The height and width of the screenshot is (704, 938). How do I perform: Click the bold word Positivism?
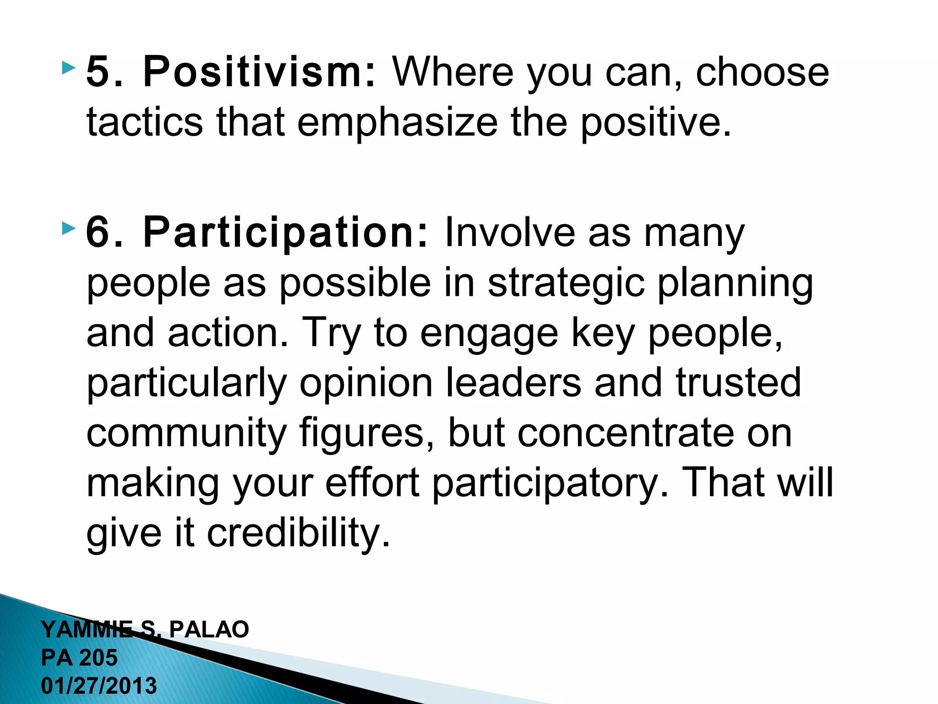click(x=259, y=72)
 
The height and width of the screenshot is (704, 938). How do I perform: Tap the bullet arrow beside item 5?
click(x=68, y=69)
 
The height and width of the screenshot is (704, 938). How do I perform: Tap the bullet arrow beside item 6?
click(x=68, y=228)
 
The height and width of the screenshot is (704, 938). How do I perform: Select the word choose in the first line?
click(x=762, y=72)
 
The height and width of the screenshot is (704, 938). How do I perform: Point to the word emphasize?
click(x=397, y=123)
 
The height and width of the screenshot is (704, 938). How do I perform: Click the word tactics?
click(x=144, y=122)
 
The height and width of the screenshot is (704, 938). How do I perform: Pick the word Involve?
click(x=509, y=232)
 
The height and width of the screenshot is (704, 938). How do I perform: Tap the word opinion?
click(x=366, y=382)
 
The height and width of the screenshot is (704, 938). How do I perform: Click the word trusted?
click(x=738, y=382)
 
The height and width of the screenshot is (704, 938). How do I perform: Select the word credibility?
click(x=299, y=533)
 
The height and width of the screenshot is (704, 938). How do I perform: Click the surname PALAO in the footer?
click(x=209, y=629)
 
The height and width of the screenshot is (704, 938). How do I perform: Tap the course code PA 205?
click(x=79, y=658)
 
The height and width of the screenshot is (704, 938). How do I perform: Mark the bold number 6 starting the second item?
click(x=99, y=232)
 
